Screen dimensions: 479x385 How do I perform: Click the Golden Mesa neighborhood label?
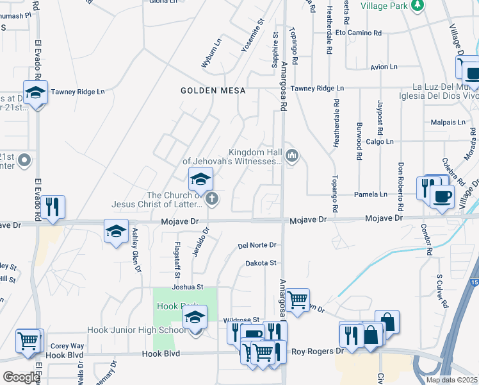coord(213,90)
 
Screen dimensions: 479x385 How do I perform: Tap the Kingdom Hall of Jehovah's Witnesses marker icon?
coord(292,155)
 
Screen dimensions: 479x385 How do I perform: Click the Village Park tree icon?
coord(418,6)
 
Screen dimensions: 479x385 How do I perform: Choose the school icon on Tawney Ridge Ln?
coord(36,92)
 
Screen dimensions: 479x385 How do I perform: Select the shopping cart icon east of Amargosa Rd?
coord(297,299)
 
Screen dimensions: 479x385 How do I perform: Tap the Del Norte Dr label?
coord(257,245)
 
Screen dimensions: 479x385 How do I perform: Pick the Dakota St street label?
coord(261,263)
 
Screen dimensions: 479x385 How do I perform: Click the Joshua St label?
coord(187,287)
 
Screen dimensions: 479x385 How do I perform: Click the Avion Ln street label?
coord(384,67)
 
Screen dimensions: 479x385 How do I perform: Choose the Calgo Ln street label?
coord(380,141)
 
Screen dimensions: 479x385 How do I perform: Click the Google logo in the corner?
coord(20,377)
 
